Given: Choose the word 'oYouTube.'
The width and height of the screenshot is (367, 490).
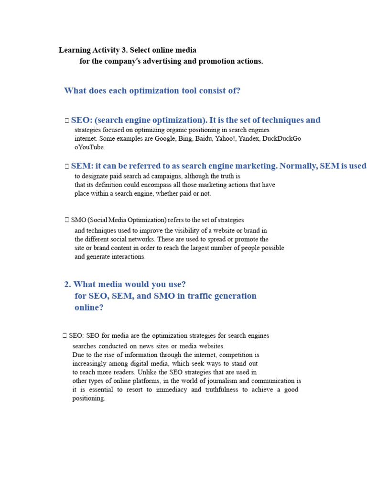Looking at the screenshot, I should pos(90,147).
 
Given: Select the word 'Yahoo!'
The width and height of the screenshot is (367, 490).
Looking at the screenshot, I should pos(235,139).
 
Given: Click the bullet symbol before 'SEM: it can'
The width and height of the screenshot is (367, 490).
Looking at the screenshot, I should pos(67,167).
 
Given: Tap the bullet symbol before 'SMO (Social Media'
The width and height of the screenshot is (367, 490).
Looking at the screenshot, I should pos(67,220).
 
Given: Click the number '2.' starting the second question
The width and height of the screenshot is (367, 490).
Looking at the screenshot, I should pos(68,284).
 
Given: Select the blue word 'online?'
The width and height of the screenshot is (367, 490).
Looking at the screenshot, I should pos(89,308).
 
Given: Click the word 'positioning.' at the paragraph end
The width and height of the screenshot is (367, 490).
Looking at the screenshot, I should pos(89,399).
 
